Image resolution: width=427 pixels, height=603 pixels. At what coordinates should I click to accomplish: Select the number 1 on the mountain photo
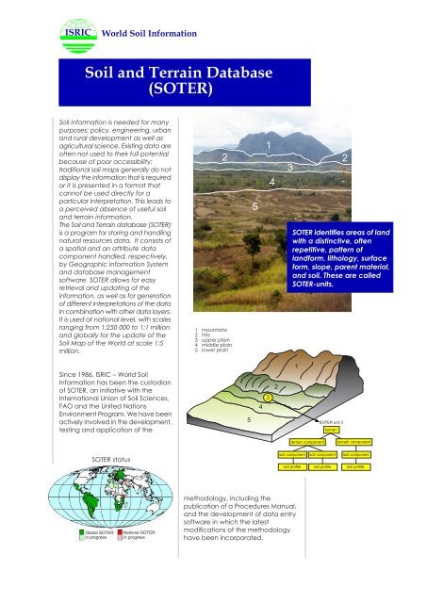(x=270, y=143)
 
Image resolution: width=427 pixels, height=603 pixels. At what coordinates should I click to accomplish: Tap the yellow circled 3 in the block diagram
(x=269, y=398)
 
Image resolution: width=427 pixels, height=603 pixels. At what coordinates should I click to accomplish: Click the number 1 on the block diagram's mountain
(x=321, y=366)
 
